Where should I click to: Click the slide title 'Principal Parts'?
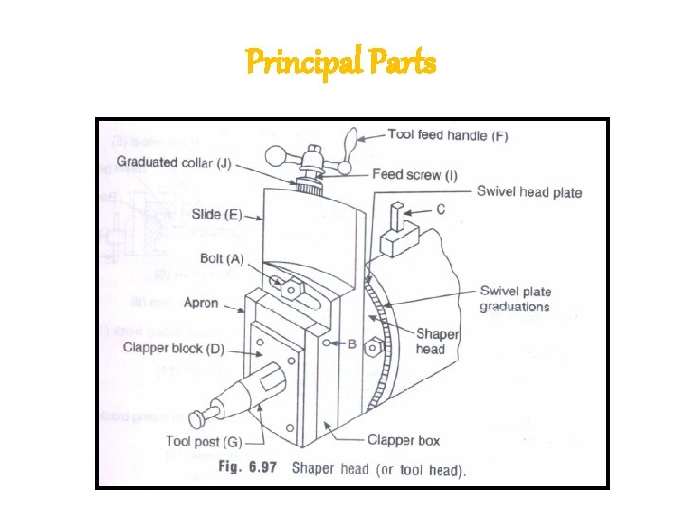pyautogui.click(x=341, y=62)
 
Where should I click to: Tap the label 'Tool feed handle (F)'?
pyautogui.click(x=448, y=136)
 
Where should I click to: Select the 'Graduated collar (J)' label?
pyautogui.click(x=174, y=163)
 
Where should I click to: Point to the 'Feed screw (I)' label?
pyautogui.click(x=415, y=174)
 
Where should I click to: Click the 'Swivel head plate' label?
pyautogui.click(x=529, y=192)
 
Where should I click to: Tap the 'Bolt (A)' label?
pyautogui.click(x=222, y=258)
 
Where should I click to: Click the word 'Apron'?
pyautogui.click(x=201, y=304)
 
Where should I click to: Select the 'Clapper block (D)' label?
pyautogui.click(x=173, y=347)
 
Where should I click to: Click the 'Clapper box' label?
pyautogui.click(x=404, y=440)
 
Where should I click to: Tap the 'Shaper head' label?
pyautogui.click(x=437, y=341)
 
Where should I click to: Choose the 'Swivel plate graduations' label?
pyautogui.click(x=515, y=299)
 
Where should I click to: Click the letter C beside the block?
pyautogui.click(x=440, y=209)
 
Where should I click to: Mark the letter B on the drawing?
pyautogui.click(x=351, y=344)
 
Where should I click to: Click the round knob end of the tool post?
pyautogui.click(x=200, y=417)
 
